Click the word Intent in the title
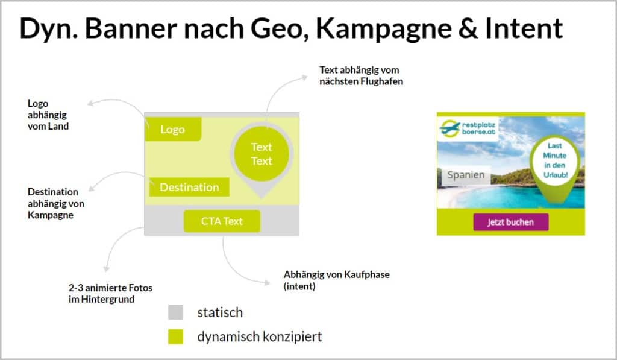pyautogui.click(x=524, y=28)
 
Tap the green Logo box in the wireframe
pyautogui.click(x=173, y=129)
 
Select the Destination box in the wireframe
pyautogui.click(x=189, y=187)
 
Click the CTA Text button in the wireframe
pyautogui.click(x=222, y=221)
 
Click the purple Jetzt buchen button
pyautogui.click(x=511, y=222)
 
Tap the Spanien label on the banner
pyautogui.click(x=466, y=175)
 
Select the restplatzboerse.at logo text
pyautogui.click(x=478, y=128)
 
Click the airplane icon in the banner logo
pyautogui.click(x=449, y=128)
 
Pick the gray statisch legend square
pyautogui.click(x=175, y=312)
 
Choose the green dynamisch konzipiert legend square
pyautogui.click(x=175, y=336)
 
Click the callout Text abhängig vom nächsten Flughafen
pyautogui.click(x=362, y=75)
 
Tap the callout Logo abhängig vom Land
pyautogui.click(x=48, y=115)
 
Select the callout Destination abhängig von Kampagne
pyautogui.click(x=56, y=203)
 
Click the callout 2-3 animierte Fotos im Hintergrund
pyautogui.click(x=110, y=294)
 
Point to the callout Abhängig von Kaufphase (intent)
pyautogui.click(x=336, y=280)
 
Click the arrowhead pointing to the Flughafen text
pyautogui.click(x=304, y=78)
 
